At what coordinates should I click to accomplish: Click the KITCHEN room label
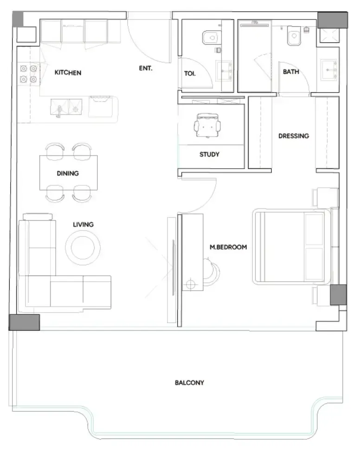[x=68, y=72]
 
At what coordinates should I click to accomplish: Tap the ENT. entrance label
[x=146, y=68]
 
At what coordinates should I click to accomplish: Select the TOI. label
[x=190, y=74]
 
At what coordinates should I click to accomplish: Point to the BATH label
[x=291, y=72]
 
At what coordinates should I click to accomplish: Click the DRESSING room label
[x=294, y=136]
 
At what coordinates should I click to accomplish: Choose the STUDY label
[x=210, y=154]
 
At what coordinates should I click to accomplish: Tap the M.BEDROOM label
[x=228, y=247]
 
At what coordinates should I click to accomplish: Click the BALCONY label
[x=189, y=383]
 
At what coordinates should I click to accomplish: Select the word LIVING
[x=83, y=224]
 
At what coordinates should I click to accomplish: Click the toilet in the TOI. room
[x=212, y=38]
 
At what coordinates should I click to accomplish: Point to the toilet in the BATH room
[x=294, y=36]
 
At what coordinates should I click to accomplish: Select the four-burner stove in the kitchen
[x=29, y=74]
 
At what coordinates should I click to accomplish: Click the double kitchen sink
[x=66, y=107]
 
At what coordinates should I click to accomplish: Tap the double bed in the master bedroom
[x=292, y=247]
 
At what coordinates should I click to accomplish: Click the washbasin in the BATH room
[x=328, y=70]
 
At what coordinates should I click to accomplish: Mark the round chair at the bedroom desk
[x=212, y=272]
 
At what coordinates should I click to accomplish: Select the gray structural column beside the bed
[x=338, y=295]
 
